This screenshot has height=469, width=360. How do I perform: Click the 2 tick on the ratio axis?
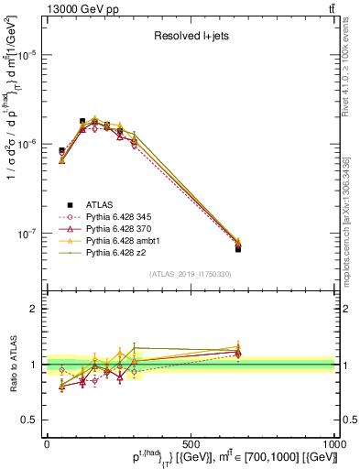tap(37, 309)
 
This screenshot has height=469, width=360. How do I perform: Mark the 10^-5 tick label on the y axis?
tap(29, 55)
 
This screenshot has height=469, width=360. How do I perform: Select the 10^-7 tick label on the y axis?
tap(29, 234)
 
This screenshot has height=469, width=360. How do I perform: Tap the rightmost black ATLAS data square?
tap(238, 248)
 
